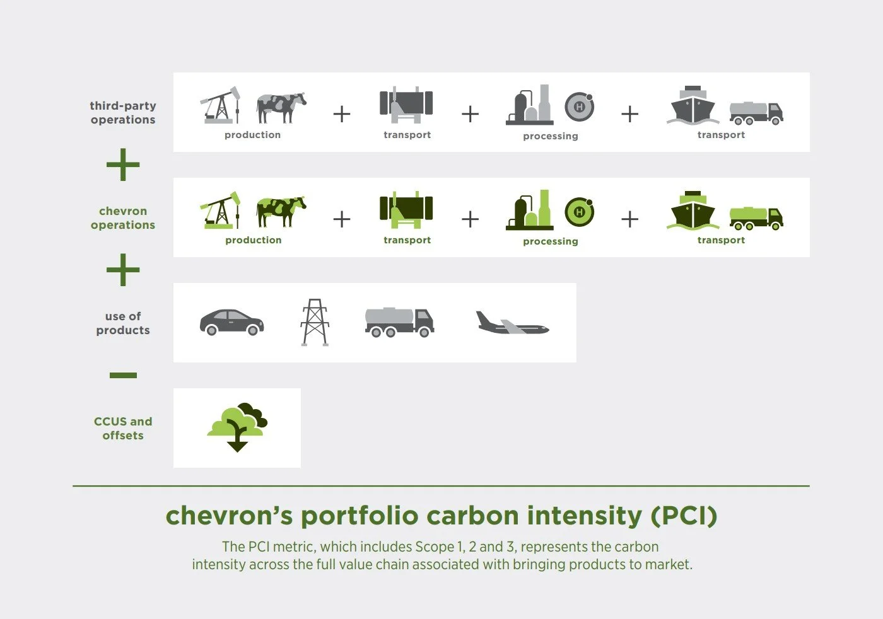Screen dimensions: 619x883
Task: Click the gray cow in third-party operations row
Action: (x=281, y=107)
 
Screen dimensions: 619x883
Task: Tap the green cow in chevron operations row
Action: (x=281, y=212)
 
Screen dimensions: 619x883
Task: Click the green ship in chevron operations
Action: (x=693, y=211)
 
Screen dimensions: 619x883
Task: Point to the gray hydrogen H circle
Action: (x=579, y=107)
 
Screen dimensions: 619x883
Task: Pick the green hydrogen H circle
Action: (x=579, y=212)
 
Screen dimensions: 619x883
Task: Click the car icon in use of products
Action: (x=231, y=322)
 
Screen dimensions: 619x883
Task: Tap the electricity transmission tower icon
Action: (x=315, y=322)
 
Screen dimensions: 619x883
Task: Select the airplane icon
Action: (x=512, y=324)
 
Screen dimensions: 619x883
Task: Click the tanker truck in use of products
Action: (x=399, y=322)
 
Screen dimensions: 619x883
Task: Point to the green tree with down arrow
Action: (x=237, y=427)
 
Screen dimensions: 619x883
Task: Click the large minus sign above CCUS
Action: (x=123, y=375)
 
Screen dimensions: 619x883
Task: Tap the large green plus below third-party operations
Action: (x=123, y=165)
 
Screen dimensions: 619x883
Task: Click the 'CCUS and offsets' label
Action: (x=123, y=428)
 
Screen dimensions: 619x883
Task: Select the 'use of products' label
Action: (x=123, y=323)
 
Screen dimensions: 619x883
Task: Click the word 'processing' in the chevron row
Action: (x=550, y=241)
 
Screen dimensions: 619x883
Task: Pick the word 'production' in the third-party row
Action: (x=252, y=135)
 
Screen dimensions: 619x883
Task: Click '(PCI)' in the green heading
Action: (x=684, y=516)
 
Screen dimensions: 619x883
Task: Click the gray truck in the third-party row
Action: (x=756, y=113)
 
